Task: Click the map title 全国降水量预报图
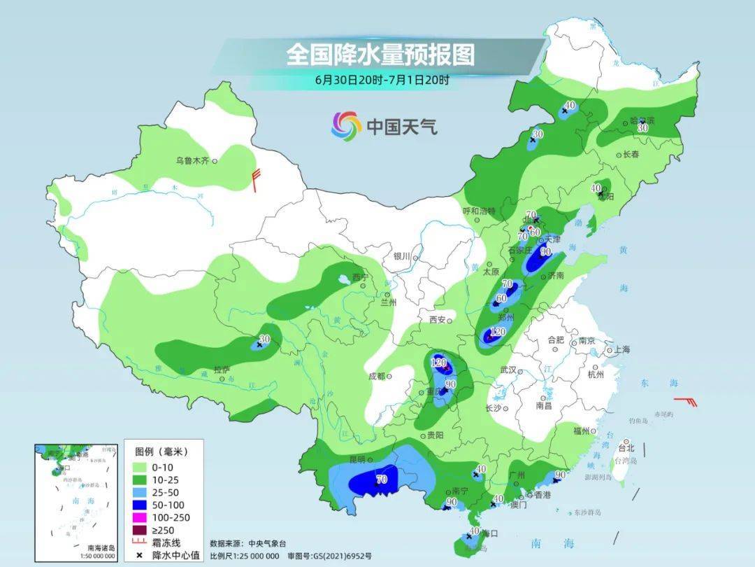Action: tap(380, 55)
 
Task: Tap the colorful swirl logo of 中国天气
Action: tap(346, 126)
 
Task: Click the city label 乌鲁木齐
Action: tap(192, 161)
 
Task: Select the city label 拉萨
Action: tap(222, 370)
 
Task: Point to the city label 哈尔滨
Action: tap(643, 120)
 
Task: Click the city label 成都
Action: tap(376, 376)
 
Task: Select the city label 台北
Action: tap(626, 448)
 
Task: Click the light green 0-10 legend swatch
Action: tap(140, 467)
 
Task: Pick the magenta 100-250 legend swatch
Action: tap(140, 517)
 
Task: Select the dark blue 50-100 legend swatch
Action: tap(140, 505)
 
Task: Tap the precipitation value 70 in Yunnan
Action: tap(382, 480)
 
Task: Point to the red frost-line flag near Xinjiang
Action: tap(257, 180)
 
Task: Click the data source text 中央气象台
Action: tap(268, 543)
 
